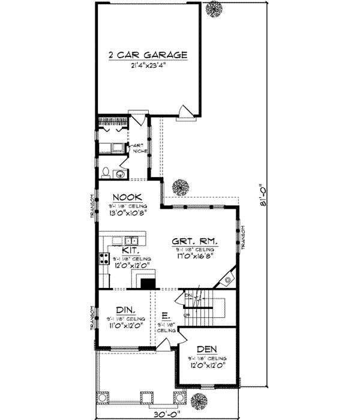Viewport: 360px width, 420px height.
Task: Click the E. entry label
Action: [x=166, y=314]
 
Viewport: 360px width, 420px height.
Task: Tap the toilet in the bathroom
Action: [x=106, y=173]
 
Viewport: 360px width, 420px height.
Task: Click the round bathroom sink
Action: [x=119, y=174]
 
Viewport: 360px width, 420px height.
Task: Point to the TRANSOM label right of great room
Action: [x=245, y=238]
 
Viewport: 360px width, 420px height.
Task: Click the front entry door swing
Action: [x=163, y=344]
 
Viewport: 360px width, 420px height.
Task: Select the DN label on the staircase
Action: [x=187, y=296]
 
